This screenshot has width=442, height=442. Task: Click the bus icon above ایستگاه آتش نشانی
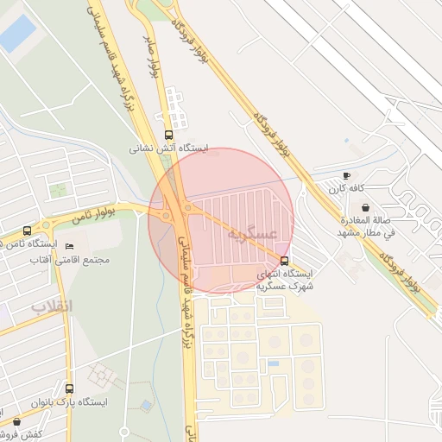pyautogui.click(x=167, y=135)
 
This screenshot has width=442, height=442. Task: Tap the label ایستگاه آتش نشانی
pyautogui.click(x=169, y=148)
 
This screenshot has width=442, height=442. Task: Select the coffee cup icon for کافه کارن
pyautogui.click(x=347, y=175)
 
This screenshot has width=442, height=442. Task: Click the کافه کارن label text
pyautogui.click(x=346, y=188)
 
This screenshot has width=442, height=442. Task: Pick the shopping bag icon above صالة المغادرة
pyautogui.click(x=366, y=207)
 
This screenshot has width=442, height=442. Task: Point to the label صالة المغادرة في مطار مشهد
pyautogui.click(x=366, y=226)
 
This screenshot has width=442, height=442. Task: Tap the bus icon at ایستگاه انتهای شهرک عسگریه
pyautogui.click(x=286, y=260)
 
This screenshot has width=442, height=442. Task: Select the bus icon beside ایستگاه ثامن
pyautogui.click(x=28, y=231)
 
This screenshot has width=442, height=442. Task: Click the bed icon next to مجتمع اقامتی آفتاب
pyautogui.click(x=70, y=248)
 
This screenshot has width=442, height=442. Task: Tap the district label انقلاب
pyautogui.click(x=53, y=306)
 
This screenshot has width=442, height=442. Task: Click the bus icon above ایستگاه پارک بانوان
pyautogui.click(x=69, y=389)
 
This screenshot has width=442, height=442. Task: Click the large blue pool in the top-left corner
pyautogui.click(x=17, y=33)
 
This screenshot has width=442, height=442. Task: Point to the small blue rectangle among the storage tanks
pyautogui.click(x=274, y=363)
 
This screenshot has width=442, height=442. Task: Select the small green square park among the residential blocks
pyautogui.click(x=59, y=191)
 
